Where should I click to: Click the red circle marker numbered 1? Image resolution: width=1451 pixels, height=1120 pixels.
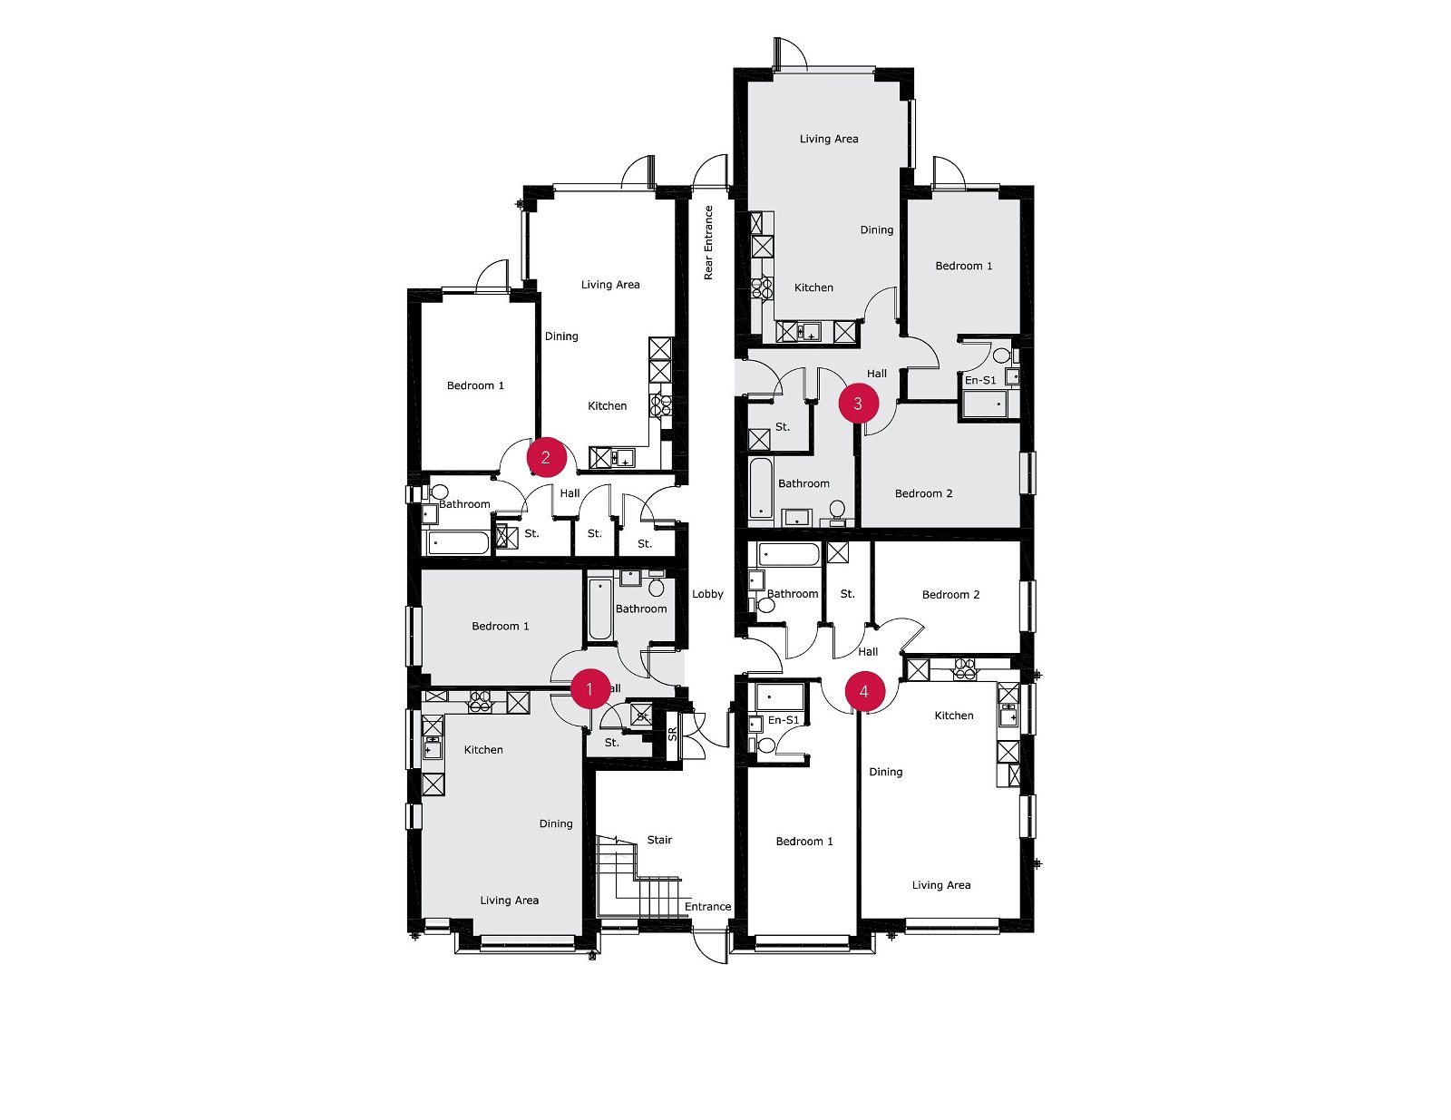click(589, 689)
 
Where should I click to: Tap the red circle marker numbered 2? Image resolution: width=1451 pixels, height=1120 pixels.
click(546, 457)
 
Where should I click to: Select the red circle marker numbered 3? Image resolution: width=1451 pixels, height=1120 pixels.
click(858, 404)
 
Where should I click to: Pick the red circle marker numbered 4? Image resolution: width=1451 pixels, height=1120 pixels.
click(865, 691)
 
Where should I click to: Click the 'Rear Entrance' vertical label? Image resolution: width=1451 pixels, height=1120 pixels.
click(708, 242)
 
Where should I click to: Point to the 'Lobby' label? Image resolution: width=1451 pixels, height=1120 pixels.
click(707, 593)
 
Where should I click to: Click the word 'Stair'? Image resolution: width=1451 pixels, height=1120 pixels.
click(659, 840)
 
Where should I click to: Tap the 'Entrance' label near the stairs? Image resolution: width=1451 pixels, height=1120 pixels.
click(707, 906)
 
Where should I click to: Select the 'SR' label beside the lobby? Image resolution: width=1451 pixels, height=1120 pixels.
click(672, 735)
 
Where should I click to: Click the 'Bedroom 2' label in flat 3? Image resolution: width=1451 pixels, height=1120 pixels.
click(923, 493)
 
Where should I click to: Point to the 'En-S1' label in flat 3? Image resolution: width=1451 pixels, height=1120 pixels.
click(980, 380)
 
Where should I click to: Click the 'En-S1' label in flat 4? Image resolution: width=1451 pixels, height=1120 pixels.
click(784, 719)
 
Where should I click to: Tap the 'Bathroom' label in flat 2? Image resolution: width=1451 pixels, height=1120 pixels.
click(464, 504)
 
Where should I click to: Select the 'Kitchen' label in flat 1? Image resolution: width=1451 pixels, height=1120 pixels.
click(483, 750)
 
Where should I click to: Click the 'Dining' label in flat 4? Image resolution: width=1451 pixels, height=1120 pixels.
click(885, 772)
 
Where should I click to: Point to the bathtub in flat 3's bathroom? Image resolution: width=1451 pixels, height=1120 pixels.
click(761, 488)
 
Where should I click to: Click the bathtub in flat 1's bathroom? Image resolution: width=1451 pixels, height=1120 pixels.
click(600, 609)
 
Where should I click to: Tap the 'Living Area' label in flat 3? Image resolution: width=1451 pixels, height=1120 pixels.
click(829, 139)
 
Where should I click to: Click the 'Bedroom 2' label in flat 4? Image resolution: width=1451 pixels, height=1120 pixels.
click(951, 594)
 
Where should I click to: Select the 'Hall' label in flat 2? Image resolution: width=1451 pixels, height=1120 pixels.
click(570, 493)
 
